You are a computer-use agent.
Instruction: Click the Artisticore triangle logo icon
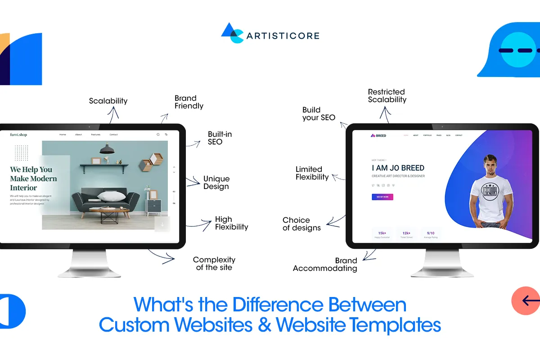coord(233,33)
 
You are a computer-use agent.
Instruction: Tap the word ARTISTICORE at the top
coord(283,36)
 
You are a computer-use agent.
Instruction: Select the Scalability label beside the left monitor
coord(108,101)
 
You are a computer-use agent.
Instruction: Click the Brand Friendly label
coord(189,102)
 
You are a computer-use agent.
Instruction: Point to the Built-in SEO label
coord(220,138)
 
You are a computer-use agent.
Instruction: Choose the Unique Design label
coord(216,183)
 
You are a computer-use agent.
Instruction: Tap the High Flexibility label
coord(231,223)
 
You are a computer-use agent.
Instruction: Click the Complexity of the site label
coord(214,263)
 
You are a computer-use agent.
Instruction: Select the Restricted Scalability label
coord(387,95)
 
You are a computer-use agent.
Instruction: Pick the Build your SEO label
coord(319,113)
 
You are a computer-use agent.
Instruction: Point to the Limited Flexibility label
coord(312,173)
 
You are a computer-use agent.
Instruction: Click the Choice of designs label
coord(301,224)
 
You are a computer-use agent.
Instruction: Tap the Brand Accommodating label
coord(325,265)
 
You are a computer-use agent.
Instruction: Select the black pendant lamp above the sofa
coord(107,149)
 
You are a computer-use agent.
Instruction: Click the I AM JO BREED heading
coord(398,168)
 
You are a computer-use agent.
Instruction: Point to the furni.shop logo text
coord(18,135)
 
